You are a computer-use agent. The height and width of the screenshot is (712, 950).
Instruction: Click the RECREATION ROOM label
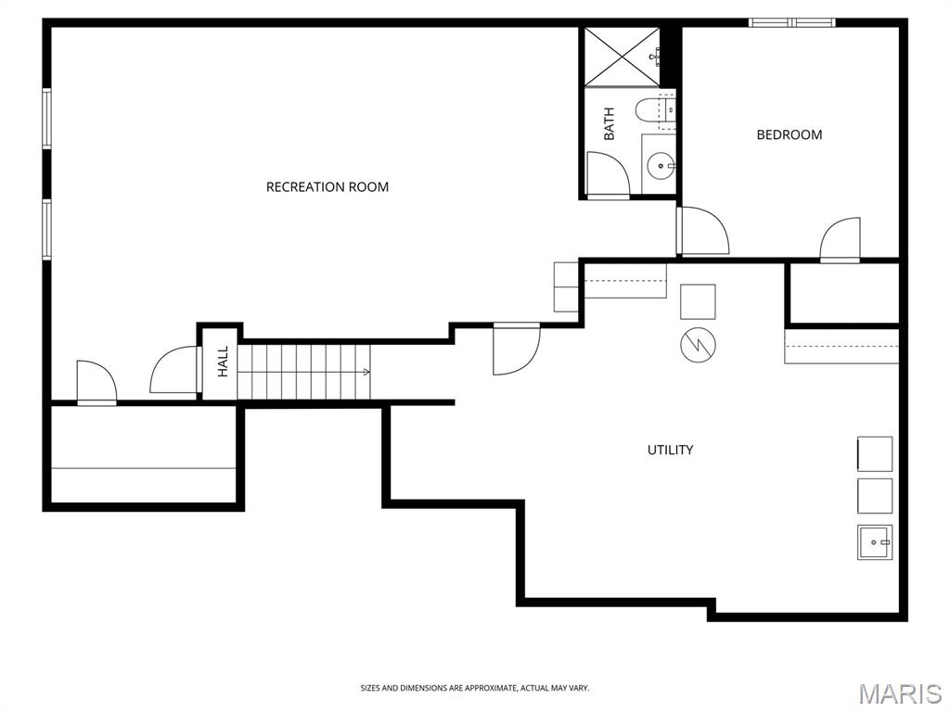click(x=327, y=187)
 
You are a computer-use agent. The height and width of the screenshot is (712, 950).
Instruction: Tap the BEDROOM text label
click(x=790, y=134)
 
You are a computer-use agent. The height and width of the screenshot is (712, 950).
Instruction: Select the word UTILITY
click(x=670, y=450)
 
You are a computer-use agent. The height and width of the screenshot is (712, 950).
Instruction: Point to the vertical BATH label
click(x=609, y=123)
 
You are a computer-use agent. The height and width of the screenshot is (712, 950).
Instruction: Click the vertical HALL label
click(x=223, y=362)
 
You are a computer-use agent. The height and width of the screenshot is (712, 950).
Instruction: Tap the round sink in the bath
click(x=661, y=165)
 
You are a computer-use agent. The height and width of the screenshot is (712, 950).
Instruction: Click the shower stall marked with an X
click(x=622, y=57)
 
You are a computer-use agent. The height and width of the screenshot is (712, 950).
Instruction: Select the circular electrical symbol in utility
click(x=698, y=345)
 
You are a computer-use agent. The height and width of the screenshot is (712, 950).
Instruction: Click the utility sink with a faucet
click(x=874, y=541)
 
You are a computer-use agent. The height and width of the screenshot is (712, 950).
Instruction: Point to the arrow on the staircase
click(x=366, y=372)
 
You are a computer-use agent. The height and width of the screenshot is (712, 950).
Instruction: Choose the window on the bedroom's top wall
click(x=792, y=23)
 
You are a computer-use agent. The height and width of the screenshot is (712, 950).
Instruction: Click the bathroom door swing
click(x=609, y=175)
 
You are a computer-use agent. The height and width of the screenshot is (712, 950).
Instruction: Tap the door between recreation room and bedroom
click(x=703, y=231)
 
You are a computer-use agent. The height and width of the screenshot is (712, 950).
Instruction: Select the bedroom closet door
click(x=840, y=240)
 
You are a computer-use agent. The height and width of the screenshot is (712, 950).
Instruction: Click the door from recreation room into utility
click(x=516, y=349)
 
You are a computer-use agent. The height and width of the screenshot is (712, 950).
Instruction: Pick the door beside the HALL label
click(x=175, y=369)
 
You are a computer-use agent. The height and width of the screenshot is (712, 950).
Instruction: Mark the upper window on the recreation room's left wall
click(x=46, y=118)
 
